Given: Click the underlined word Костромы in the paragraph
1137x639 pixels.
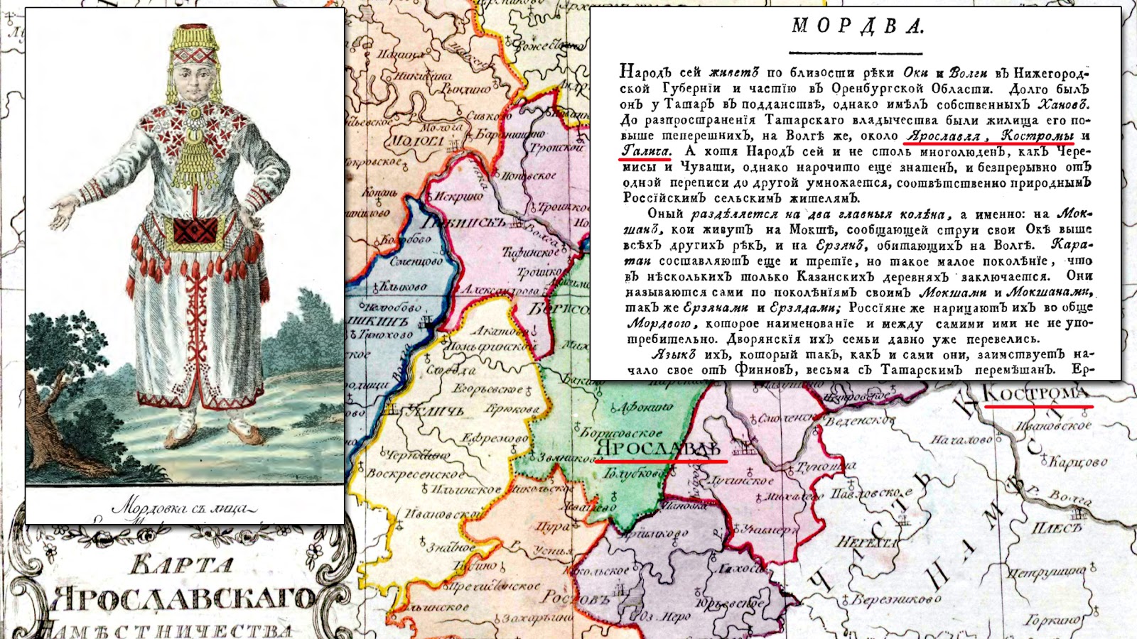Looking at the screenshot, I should coord(1037,135).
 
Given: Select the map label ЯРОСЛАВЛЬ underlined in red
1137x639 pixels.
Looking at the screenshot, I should coord(657,449).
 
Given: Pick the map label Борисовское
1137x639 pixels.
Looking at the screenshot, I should coord(621,432).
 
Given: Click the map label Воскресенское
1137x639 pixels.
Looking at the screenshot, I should coord(414,474).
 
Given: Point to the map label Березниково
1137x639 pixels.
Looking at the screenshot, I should coord(895,599).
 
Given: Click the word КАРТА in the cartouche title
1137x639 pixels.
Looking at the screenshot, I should coord(181,565).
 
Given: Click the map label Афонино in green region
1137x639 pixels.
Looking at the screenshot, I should coord(645,408).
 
